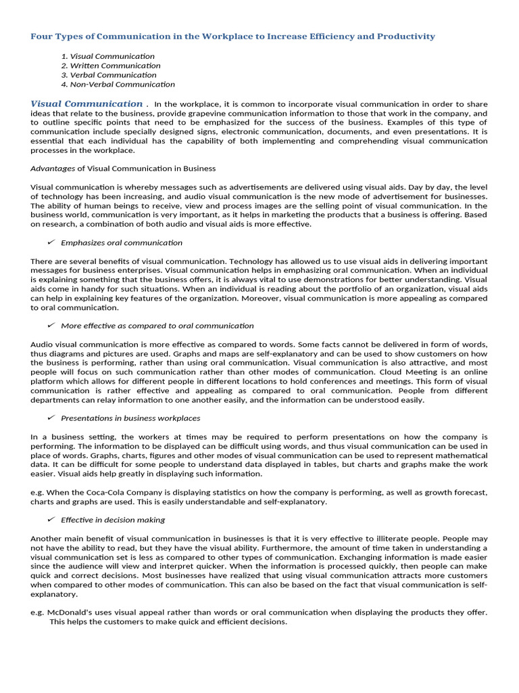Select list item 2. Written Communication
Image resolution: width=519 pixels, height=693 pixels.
[111, 66]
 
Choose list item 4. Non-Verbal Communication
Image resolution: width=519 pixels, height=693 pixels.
[118, 85]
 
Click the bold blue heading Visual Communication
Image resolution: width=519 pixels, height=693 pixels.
[86, 104]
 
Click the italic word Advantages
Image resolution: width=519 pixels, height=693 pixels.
[53, 168]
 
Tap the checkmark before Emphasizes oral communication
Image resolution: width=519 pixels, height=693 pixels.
[51, 242]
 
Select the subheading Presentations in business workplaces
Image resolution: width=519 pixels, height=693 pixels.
[130, 418]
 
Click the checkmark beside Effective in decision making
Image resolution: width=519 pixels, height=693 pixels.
[51, 520]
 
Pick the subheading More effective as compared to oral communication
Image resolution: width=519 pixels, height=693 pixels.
[157, 326]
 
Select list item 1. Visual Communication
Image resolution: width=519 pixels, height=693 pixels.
[107, 56]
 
